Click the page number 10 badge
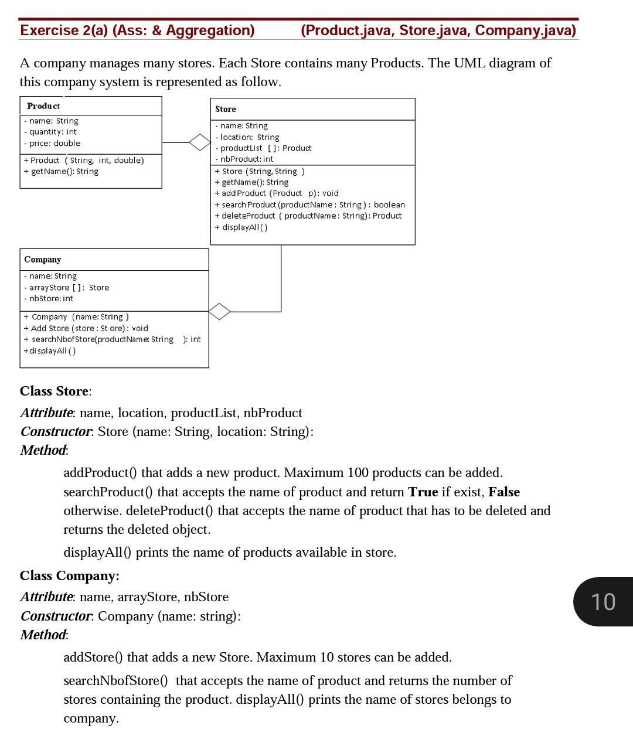click(603, 602)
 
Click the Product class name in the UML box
click(43, 106)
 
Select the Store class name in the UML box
click(226, 109)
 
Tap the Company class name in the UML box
click(43, 260)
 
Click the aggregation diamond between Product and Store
click(199, 142)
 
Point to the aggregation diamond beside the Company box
click(220, 311)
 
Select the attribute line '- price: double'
click(52, 144)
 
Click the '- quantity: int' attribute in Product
click(50, 132)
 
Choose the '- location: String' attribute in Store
click(247, 137)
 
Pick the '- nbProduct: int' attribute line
click(244, 159)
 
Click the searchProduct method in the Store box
click(309, 205)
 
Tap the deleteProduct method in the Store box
click(308, 216)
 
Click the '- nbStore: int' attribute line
click(49, 299)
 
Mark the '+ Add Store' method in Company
click(86, 328)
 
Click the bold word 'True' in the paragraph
click(423, 492)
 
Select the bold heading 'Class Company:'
click(70, 576)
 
